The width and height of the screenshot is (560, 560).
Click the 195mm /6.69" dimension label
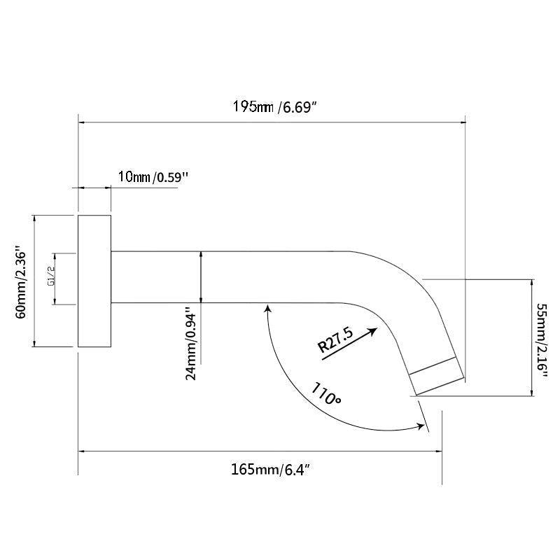tap(275, 106)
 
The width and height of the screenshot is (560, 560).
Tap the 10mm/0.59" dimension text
tap(153, 176)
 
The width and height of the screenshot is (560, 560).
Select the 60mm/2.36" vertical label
tap(21, 281)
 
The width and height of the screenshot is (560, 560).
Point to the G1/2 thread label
tap(50, 279)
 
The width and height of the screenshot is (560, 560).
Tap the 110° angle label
tap(326, 393)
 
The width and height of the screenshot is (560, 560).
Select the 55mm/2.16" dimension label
tap(542, 342)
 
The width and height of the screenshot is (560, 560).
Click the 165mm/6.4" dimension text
tap(270, 469)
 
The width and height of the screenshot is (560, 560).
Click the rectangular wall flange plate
tap(94, 281)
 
